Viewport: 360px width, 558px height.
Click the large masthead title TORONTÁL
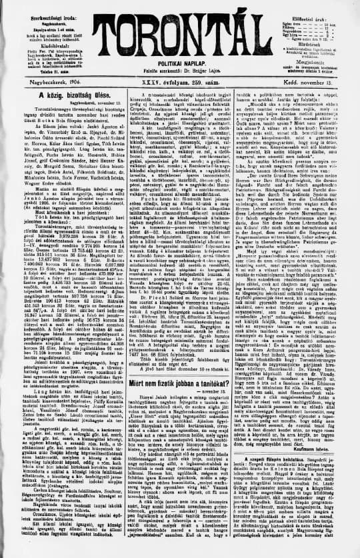pyautogui.click(x=181, y=27)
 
